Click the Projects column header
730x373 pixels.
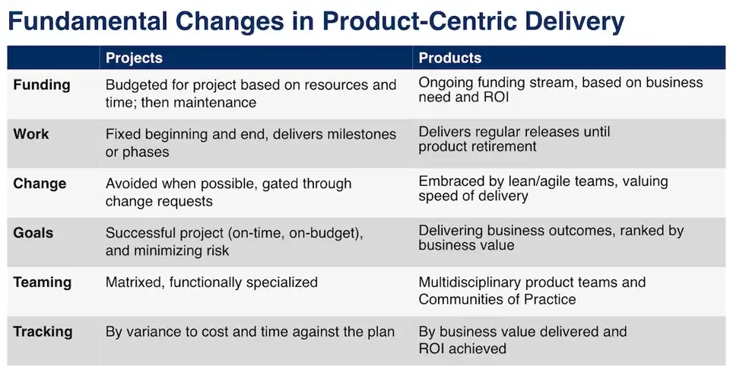click(x=134, y=58)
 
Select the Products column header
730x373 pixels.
click(x=450, y=58)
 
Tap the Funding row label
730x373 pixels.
click(x=42, y=84)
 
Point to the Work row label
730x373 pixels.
click(x=31, y=134)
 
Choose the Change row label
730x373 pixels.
click(x=40, y=183)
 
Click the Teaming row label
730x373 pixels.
click(x=43, y=282)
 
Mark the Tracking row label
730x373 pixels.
click(x=43, y=332)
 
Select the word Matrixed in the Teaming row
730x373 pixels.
click(x=135, y=282)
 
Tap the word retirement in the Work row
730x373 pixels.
click(x=500, y=146)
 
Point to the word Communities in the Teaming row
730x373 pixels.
click(x=462, y=299)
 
